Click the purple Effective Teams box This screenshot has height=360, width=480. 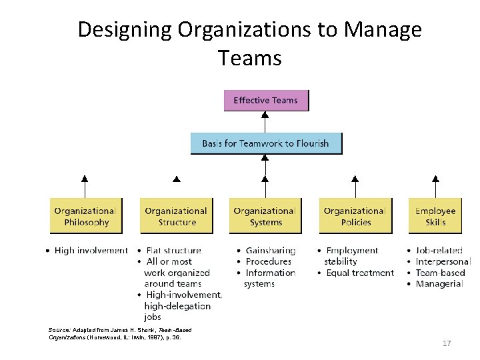(x=266, y=101)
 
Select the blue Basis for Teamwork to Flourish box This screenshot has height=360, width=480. (x=266, y=143)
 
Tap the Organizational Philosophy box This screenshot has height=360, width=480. (x=85, y=216)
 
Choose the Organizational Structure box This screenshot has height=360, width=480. (x=176, y=216)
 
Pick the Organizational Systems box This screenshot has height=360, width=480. (x=265, y=216)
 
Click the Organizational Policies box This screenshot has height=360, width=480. (x=355, y=216)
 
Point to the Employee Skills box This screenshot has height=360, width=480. (x=435, y=216)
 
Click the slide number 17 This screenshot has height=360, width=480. (x=447, y=343)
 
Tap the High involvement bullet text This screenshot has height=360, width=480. (x=91, y=251)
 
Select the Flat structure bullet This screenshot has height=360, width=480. (x=173, y=251)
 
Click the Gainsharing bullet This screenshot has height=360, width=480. (x=270, y=251)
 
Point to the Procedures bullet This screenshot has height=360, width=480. (x=268, y=261)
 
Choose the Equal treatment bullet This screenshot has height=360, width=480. (x=359, y=273)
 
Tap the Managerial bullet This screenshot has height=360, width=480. (x=439, y=283)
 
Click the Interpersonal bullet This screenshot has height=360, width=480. (x=443, y=261)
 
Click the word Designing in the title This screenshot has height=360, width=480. (x=125, y=30)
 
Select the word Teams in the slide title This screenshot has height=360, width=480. (x=249, y=58)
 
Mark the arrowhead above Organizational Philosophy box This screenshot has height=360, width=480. (x=84, y=178)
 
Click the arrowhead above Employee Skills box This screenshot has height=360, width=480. (x=435, y=178)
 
